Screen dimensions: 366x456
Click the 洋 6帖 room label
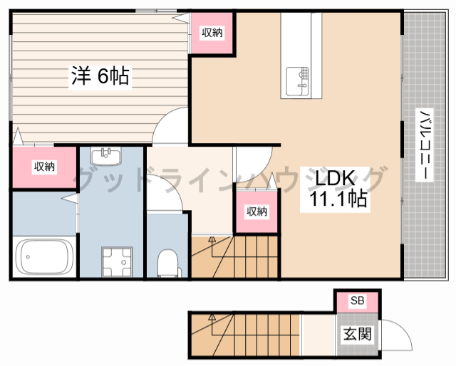point(100,76)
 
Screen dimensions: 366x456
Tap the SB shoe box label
point(357,300)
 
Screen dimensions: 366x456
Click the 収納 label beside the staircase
point(256,211)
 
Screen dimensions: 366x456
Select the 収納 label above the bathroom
point(44,167)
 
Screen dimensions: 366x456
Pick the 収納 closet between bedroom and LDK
point(212,32)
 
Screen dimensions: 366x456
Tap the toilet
point(167,262)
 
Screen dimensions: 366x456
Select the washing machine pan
point(116,261)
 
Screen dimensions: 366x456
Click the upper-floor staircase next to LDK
point(235,257)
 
